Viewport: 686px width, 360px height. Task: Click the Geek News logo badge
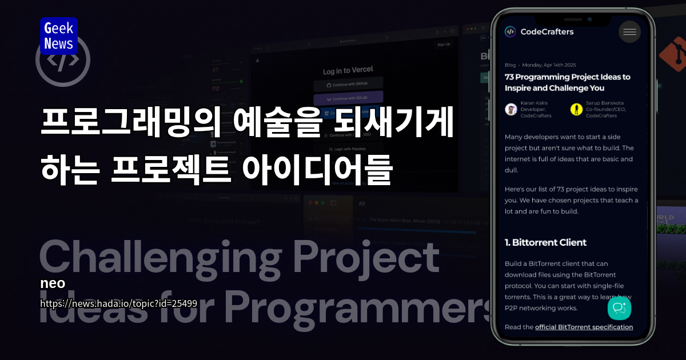(x=58, y=36)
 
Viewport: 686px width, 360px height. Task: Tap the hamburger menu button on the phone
(x=629, y=32)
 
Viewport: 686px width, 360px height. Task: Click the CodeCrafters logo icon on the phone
(x=510, y=32)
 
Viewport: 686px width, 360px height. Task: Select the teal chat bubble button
(x=619, y=308)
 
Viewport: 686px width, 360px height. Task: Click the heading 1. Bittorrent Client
(x=545, y=242)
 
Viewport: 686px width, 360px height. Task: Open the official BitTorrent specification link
(x=584, y=327)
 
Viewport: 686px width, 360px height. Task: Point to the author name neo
(x=53, y=283)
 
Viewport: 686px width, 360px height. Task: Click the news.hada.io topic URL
(x=118, y=303)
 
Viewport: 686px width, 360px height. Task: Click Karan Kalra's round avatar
(x=511, y=109)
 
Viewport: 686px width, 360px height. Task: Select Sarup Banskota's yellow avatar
(x=576, y=109)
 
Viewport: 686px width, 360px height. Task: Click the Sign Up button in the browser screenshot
(x=443, y=45)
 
